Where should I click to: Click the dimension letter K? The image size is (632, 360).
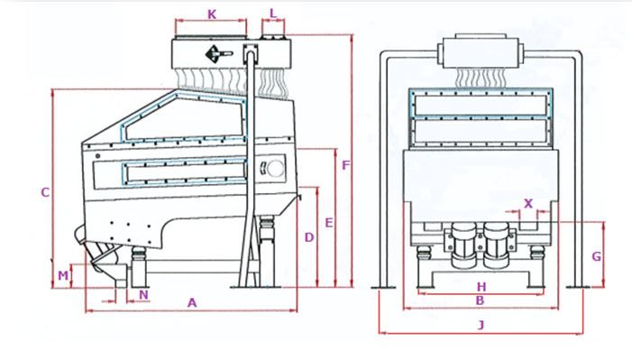[x=212, y=14]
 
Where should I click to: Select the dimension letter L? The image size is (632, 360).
[x=273, y=14]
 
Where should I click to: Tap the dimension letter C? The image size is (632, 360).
[x=45, y=192]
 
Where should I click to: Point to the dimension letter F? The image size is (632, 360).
[x=346, y=165]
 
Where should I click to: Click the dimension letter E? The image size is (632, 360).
[x=329, y=222]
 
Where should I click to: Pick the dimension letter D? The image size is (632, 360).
[x=309, y=237]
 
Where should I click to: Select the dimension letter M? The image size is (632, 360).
[x=63, y=275]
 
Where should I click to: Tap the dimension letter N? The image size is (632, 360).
[x=143, y=295]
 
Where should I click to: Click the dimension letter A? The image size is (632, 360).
[x=192, y=302]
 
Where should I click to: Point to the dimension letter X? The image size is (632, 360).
[x=528, y=203]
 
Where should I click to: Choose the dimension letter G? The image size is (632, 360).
[x=597, y=256]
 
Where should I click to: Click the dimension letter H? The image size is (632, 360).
[x=481, y=287]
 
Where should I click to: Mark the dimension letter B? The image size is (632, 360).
[x=480, y=300]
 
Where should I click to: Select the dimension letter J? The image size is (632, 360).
[x=481, y=325]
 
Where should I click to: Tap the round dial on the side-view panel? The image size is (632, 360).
[x=275, y=169]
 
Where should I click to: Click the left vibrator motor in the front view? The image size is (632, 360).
[x=463, y=245]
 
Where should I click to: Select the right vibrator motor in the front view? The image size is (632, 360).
[x=496, y=245]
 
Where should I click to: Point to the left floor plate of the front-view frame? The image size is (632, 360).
[x=383, y=287]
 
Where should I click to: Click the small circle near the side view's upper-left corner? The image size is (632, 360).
[x=97, y=156]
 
